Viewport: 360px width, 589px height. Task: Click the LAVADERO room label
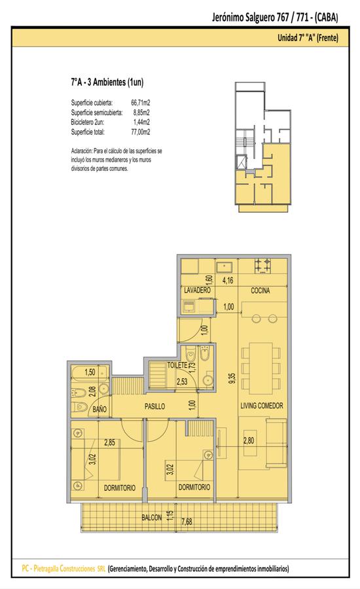(x=197, y=291)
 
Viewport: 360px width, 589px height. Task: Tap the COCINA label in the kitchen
(x=261, y=291)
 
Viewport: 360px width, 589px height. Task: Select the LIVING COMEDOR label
(x=262, y=406)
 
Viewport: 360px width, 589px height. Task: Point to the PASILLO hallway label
(x=155, y=406)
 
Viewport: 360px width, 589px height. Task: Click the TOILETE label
(x=177, y=365)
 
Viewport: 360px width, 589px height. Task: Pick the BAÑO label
(x=99, y=409)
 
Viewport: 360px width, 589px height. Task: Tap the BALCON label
(x=151, y=518)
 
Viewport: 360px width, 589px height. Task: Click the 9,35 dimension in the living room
(x=232, y=378)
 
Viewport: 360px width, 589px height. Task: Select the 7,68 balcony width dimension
(x=187, y=522)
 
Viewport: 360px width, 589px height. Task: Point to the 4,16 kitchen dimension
(x=228, y=280)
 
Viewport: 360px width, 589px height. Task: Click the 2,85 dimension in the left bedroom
(x=110, y=442)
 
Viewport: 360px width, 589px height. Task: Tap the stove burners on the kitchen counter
(x=262, y=265)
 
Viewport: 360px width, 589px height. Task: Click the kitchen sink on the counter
(x=225, y=267)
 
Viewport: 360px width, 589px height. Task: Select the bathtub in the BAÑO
(x=90, y=372)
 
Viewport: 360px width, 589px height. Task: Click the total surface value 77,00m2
(x=141, y=132)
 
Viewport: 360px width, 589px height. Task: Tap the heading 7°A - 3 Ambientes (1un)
(x=107, y=82)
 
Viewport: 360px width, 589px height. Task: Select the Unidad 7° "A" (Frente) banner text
(x=308, y=37)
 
